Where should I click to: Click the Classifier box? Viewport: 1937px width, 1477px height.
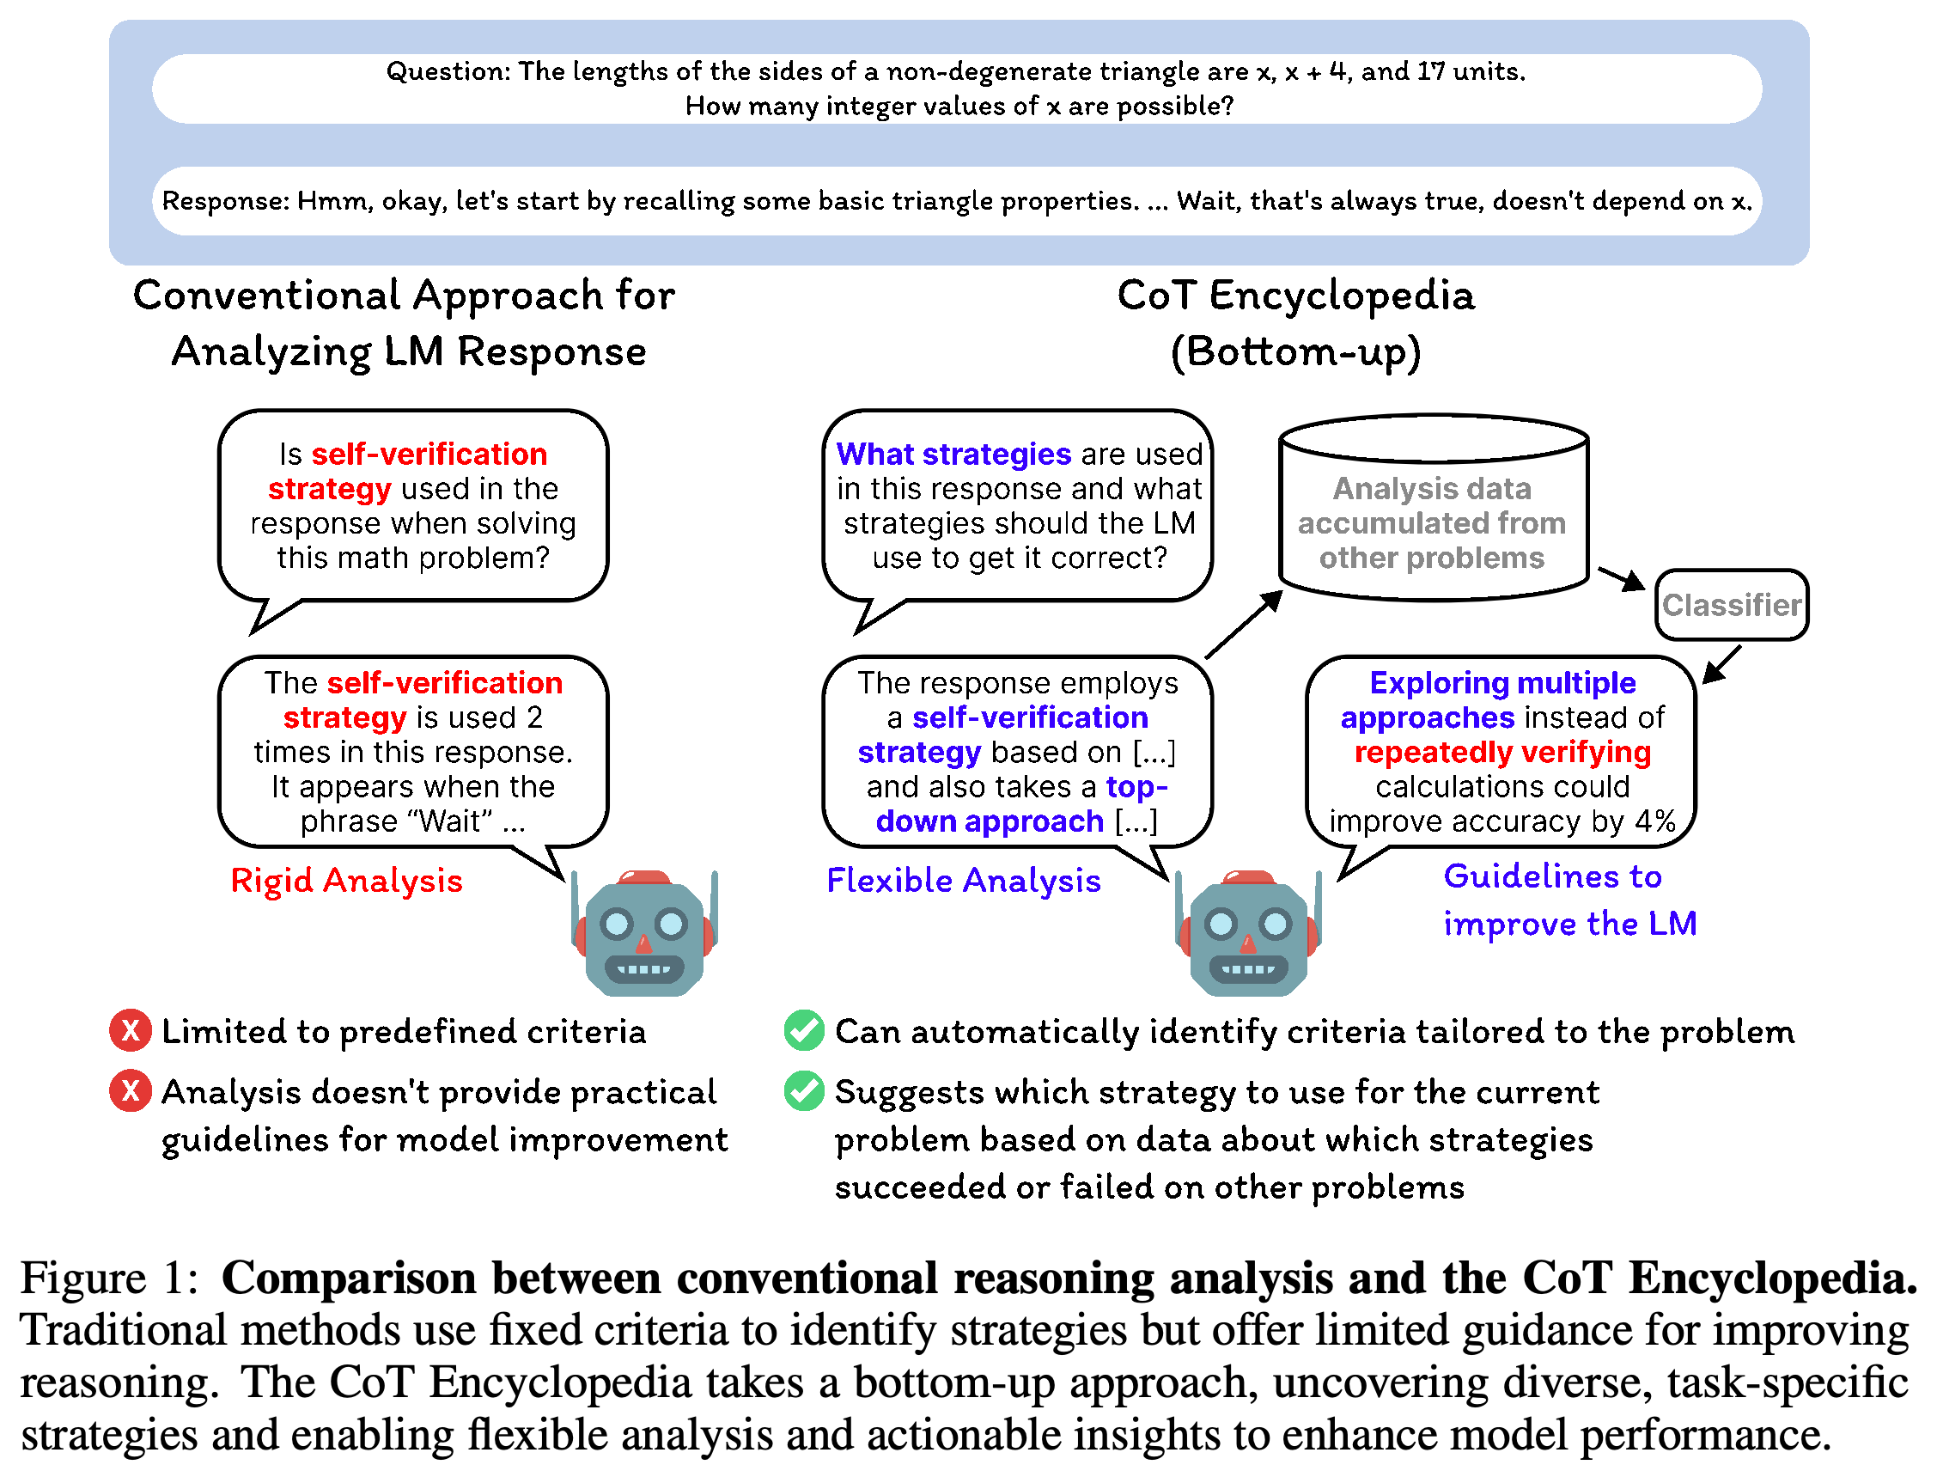(1731, 605)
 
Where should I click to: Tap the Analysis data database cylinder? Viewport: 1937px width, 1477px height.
(1434, 508)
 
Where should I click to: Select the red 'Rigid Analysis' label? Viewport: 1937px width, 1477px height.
(346, 881)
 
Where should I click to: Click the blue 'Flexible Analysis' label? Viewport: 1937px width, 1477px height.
(963, 881)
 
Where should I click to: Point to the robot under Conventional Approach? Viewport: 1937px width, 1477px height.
(644, 933)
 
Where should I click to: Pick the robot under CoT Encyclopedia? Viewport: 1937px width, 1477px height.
(1248, 933)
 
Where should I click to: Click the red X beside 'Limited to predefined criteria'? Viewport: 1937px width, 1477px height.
(130, 1030)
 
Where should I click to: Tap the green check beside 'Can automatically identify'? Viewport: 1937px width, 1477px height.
(803, 1030)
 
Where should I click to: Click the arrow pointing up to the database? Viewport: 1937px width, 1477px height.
(1244, 624)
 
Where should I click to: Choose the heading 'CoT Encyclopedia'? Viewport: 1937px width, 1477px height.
(1295, 296)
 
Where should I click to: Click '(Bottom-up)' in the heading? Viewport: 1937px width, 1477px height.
(1295, 352)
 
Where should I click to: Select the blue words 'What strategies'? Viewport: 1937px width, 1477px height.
(953, 454)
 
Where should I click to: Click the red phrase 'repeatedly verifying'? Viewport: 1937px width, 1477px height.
(1502, 753)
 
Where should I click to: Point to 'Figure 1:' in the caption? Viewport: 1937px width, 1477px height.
(110, 1278)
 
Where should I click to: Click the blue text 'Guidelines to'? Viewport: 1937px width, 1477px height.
(1552, 876)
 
